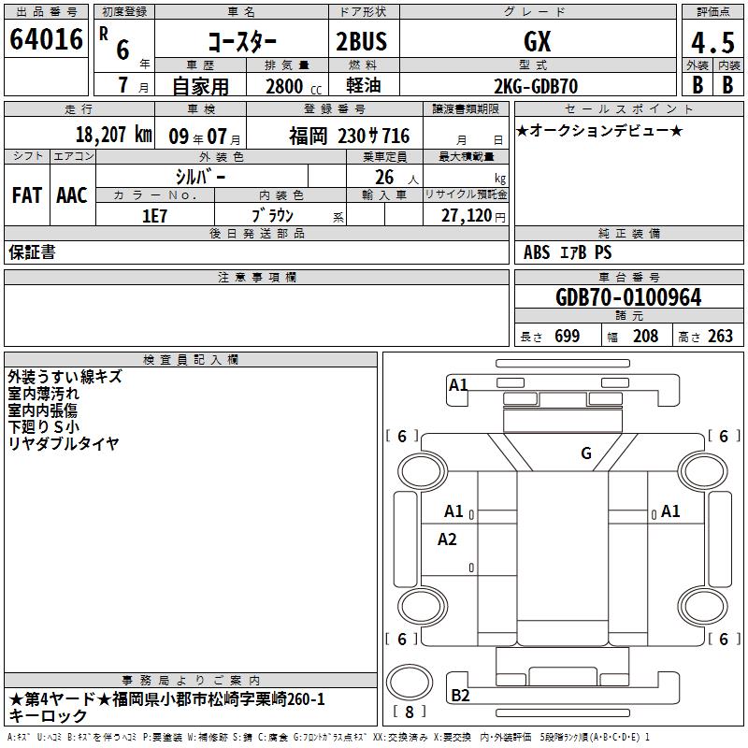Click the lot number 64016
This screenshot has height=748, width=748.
[46, 39]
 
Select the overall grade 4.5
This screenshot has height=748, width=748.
[712, 42]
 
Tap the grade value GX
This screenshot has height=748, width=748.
[537, 41]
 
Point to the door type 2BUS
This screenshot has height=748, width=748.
[362, 41]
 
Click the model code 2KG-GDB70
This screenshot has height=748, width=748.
[536, 86]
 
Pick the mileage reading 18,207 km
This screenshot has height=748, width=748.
[114, 135]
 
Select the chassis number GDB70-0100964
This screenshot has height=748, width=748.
[628, 297]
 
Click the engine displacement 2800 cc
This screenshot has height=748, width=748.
[294, 86]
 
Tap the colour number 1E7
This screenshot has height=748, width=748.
[154, 216]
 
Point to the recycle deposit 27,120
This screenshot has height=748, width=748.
[467, 216]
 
